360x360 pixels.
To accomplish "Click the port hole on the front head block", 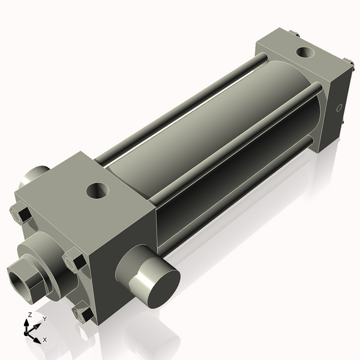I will click(97, 191).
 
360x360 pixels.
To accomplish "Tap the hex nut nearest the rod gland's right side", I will click(76, 262).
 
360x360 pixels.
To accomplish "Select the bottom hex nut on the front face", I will click(83, 314).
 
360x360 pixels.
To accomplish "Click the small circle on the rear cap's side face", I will click(339, 109).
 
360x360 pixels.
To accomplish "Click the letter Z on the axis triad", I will click(29, 315).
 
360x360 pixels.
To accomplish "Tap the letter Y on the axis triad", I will click(44, 319).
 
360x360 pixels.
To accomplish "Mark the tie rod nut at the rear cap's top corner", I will click(294, 34).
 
